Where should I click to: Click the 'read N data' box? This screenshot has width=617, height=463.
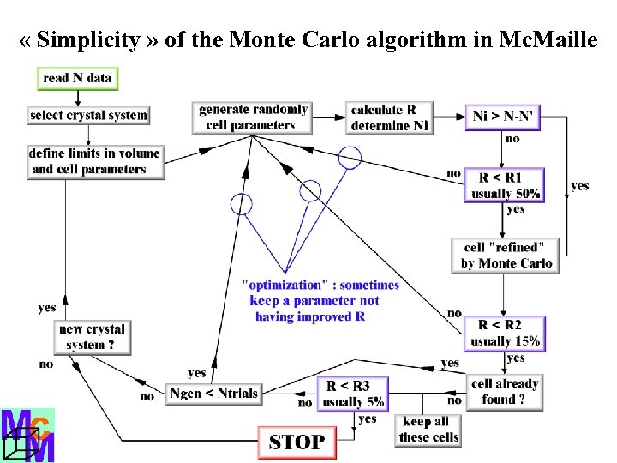[x=77, y=78]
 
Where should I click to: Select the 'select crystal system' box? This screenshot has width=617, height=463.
[x=88, y=115]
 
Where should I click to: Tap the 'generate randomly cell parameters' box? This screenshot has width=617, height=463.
[x=252, y=117]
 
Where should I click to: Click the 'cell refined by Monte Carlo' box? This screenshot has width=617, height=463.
[x=506, y=255]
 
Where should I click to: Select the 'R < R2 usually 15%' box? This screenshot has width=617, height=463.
[x=506, y=332]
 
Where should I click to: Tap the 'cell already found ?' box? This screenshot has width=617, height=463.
[x=505, y=391]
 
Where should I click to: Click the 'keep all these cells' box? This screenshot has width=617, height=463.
[x=428, y=429]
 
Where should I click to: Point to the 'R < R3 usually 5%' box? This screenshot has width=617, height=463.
[x=353, y=394]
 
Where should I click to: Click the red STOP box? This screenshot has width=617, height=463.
[x=297, y=442]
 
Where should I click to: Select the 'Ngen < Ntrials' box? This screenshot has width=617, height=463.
[x=213, y=393]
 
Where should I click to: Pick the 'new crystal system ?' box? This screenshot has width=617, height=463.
[x=93, y=337]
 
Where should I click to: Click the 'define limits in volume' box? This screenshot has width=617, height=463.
[x=94, y=161]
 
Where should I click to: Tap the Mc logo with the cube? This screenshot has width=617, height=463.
[x=27, y=436]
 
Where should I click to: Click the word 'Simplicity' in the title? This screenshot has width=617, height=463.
[x=88, y=39]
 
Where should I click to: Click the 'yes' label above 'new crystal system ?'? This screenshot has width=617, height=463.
[x=47, y=308]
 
